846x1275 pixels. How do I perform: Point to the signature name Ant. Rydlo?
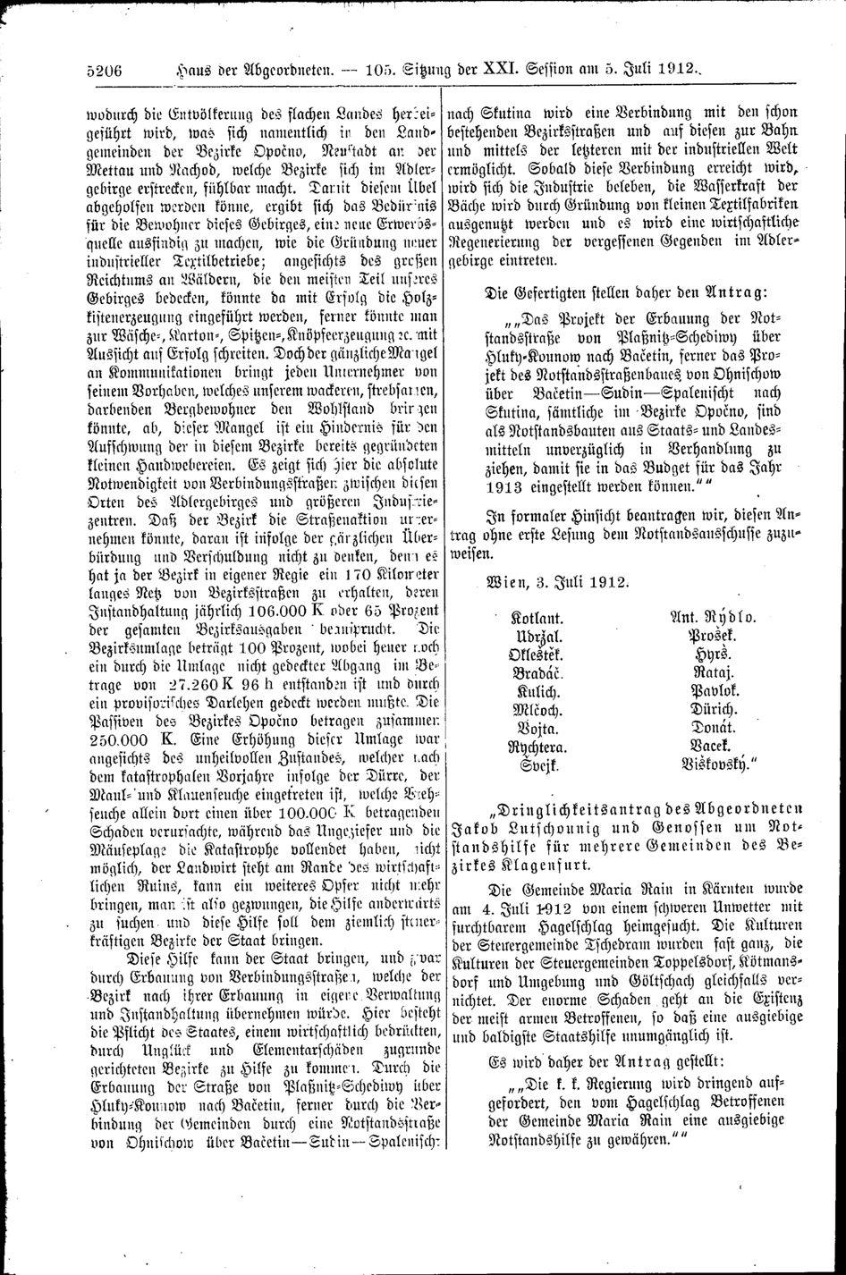(x=712, y=617)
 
